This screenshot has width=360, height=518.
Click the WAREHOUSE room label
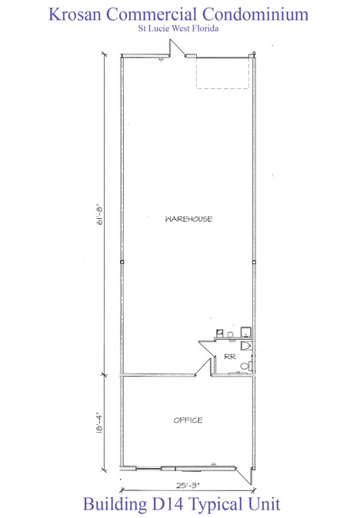click(x=188, y=219)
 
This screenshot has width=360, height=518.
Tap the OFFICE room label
click(x=188, y=420)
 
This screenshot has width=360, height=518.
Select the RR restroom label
click(x=230, y=357)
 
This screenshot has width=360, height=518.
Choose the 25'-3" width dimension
click(x=188, y=485)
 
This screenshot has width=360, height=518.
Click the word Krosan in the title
click(x=75, y=14)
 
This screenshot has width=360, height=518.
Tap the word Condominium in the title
click(x=255, y=14)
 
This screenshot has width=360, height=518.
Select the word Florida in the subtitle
click(x=205, y=28)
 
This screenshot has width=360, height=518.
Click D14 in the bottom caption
click(x=168, y=504)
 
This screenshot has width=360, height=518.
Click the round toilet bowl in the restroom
click(x=245, y=366)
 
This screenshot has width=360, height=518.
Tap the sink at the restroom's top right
click(x=246, y=346)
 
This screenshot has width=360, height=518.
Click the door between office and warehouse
click(x=203, y=367)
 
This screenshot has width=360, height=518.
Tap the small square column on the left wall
click(x=122, y=262)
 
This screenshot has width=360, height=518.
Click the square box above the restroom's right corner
click(x=246, y=331)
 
